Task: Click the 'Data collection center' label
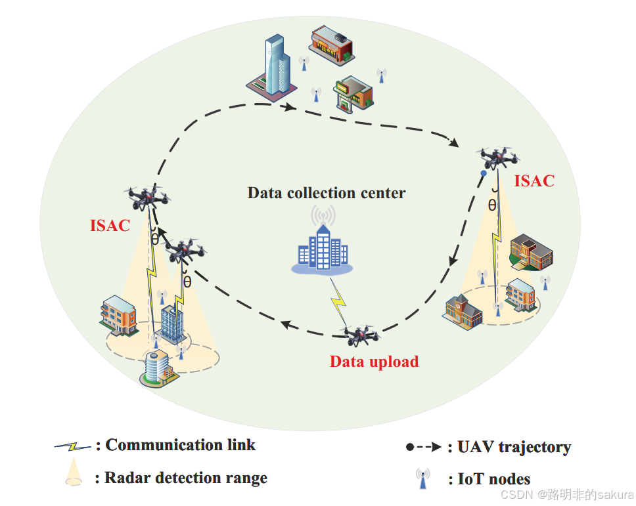pos(326,193)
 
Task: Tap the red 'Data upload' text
pos(374,362)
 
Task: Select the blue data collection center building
pos(323,248)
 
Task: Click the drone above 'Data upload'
pos(360,334)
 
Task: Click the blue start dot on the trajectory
pos(484,173)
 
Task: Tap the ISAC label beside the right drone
pos(534,180)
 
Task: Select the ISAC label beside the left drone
pos(110,225)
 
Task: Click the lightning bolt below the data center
pos(338,300)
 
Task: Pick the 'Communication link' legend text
pos(181,445)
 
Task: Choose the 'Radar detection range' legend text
pos(186,478)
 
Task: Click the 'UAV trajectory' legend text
pos(514,447)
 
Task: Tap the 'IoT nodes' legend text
pos(493,479)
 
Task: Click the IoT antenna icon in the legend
pos(422,478)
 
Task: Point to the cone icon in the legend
pos(74,472)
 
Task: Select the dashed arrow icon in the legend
pos(424,447)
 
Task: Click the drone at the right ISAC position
pos(497,158)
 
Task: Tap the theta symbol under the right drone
pos(492,206)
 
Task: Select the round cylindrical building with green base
pos(159,368)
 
